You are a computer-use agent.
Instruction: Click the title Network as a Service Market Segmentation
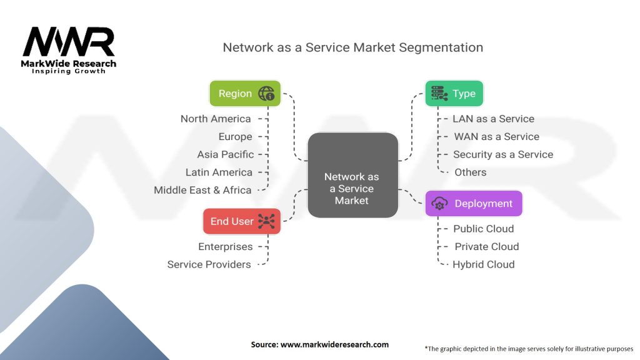point(352,47)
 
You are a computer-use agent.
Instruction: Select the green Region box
point(244,94)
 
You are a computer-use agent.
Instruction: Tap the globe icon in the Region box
point(267,94)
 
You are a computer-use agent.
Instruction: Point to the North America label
point(216,119)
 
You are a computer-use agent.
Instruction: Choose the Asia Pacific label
point(225,154)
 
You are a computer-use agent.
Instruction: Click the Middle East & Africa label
point(202,190)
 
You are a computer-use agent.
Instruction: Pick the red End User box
point(241,221)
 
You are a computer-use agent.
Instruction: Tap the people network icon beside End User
point(267,221)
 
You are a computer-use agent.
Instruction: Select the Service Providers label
point(209,264)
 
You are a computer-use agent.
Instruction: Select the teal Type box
point(454,94)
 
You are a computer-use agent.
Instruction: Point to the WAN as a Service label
point(496,136)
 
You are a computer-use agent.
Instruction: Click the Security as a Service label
point(502,154)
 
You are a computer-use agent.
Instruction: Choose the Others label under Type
point(470,172)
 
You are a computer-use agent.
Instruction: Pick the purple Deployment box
point(473,204)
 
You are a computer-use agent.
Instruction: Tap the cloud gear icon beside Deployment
point(439,204)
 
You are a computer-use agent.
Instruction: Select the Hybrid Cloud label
point(484,264)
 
